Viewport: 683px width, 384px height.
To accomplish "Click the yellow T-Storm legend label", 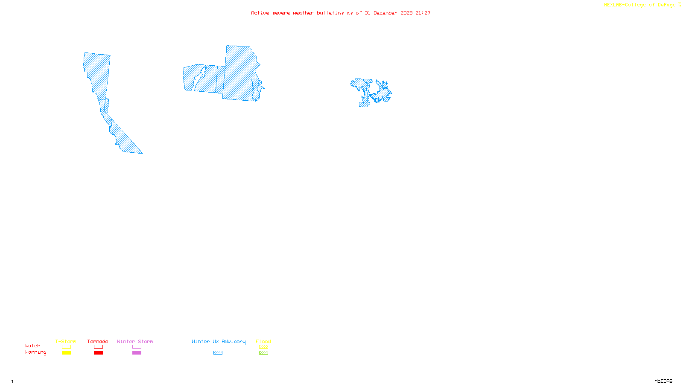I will (x=66, y=341).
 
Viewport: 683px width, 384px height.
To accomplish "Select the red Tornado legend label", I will (x=98, y=341).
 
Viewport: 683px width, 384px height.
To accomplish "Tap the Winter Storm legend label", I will (x=135, y=341).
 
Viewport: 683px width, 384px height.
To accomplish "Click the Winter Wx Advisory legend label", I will (x=219, y=341).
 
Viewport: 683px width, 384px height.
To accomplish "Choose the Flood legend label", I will (x=263, y=341).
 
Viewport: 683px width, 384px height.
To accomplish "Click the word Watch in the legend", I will (x=33, y=346).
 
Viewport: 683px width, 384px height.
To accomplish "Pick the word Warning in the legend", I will (x=35, y=352).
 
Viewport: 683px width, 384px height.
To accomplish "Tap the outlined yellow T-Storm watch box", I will (x=66, y=347).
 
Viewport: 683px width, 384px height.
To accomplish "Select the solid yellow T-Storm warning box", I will (x=66, y=353).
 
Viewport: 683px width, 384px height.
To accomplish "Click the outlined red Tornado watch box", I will (x=98, y=347).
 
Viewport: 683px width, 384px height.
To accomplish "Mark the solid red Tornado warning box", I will (x=98, y=353).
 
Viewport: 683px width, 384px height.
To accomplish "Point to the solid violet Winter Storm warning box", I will (x=137, y=353).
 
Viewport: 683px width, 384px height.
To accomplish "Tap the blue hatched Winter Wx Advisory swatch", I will (x=218, y=353).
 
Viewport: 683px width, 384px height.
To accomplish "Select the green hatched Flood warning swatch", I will (x=263, y=353).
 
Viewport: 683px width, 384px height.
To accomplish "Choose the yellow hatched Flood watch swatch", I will (x=263, y=347).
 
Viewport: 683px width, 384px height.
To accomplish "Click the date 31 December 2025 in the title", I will (x=388, y=13).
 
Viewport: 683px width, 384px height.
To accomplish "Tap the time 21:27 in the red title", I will (x=423, y=13).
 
